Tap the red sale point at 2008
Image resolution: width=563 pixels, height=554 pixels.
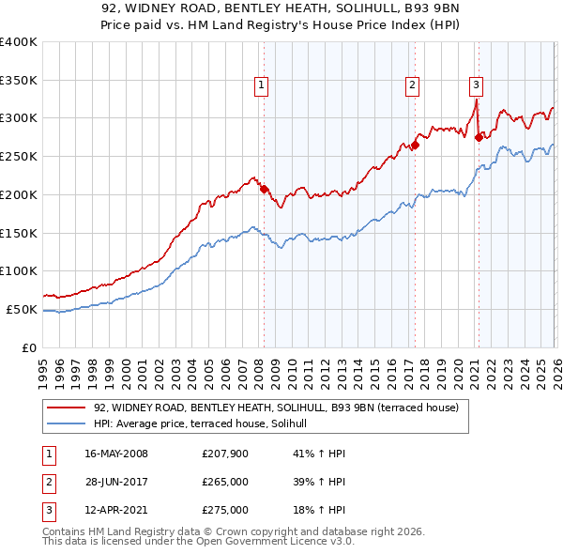coord(264,188)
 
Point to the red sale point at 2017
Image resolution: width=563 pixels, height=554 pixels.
coord(415,145)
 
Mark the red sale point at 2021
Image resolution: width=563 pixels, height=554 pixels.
coord(478,137)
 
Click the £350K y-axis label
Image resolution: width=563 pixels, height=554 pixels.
coord(19,80)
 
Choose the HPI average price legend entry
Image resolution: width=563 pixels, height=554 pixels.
coord(206,424)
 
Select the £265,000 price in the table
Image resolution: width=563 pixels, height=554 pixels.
coord(225,483)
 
